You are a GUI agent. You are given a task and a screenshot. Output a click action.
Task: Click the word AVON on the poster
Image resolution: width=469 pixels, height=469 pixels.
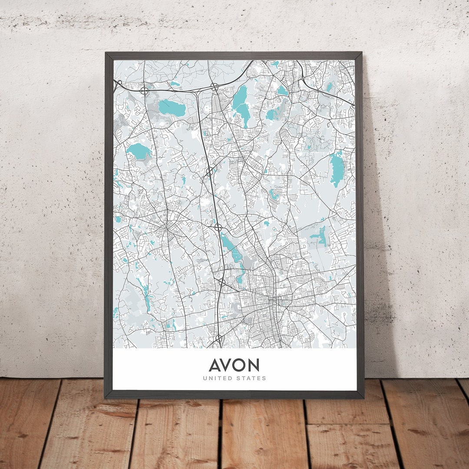click(234, 365)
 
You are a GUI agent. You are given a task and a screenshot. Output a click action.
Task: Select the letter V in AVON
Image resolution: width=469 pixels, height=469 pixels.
click(228, 365)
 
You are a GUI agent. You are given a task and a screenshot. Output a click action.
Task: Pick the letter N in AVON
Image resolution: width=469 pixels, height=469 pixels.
click(254, 365)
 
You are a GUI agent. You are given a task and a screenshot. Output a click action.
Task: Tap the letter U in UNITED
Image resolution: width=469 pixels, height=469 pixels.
click(205, 378)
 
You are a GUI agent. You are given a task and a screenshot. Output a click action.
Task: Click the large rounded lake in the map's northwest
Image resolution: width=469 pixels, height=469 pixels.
click(172, 107)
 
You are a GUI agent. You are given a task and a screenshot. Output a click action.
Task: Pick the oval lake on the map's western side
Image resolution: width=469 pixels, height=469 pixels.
click(139, 151)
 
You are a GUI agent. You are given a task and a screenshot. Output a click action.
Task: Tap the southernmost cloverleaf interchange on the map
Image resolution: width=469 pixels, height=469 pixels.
click(218, 338)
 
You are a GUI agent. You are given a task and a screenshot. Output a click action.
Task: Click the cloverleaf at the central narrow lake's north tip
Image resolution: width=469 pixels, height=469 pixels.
click(218, 227)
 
